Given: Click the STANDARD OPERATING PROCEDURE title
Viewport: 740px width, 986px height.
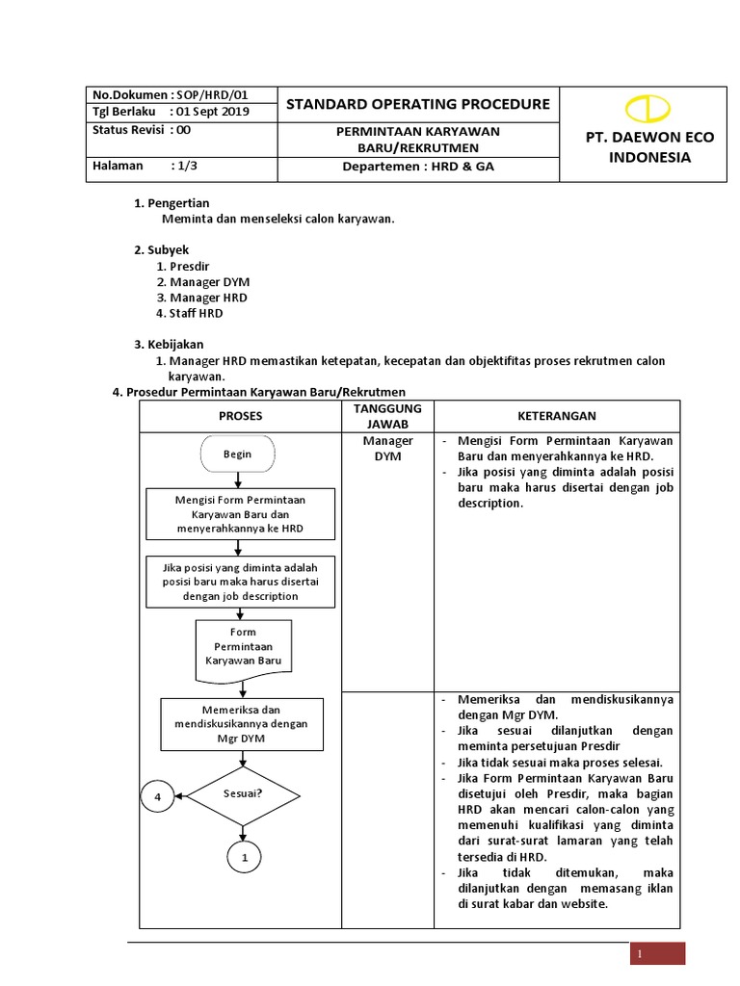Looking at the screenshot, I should pos(418,104).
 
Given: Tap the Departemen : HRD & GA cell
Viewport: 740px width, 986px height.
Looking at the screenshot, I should pos(418,167).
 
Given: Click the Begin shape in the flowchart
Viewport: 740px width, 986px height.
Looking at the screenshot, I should pos(238,454).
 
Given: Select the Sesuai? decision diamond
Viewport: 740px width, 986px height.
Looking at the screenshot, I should pos(243,795).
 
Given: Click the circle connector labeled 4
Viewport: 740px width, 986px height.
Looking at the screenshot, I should pos(156,796).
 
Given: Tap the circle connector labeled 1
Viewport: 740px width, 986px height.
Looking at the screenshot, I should pos(243,856).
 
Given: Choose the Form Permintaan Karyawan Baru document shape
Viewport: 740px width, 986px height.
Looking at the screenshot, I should pos(244,646).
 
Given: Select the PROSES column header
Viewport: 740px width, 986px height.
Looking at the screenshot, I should pos(240,416).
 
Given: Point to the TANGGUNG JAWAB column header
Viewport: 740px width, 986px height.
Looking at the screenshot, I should pos(387,416).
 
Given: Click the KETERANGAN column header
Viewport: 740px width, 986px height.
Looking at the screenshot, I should pos(557,416).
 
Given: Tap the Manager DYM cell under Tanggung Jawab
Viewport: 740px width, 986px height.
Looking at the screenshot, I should pos(387,448).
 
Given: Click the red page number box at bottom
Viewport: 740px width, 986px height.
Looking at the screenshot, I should pos(657,953).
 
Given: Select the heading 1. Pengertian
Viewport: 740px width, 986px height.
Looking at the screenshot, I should pos(172,203).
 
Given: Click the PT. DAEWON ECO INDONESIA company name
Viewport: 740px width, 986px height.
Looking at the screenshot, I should pos(650,147).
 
